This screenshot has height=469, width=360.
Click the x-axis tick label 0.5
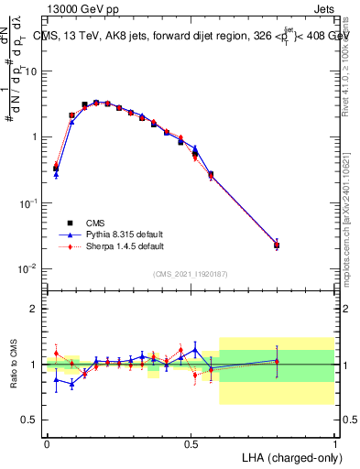(191, 442)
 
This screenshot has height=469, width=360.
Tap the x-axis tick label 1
(334, 442)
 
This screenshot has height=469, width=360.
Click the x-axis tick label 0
(47, 442)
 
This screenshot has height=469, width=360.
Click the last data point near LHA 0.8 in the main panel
(277, 245)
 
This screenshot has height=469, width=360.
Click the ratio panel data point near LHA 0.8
(277, 361)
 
